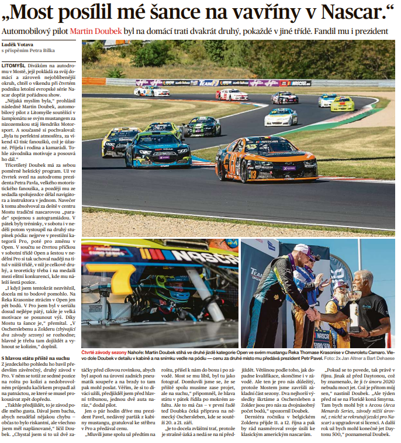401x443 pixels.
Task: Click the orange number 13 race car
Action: coord(266,160)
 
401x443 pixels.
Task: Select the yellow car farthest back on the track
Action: coord(342,104)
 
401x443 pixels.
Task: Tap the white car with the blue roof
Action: coord(281,117)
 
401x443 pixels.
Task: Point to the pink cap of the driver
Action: coord(303,250)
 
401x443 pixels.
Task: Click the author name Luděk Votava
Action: coord(19,44)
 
